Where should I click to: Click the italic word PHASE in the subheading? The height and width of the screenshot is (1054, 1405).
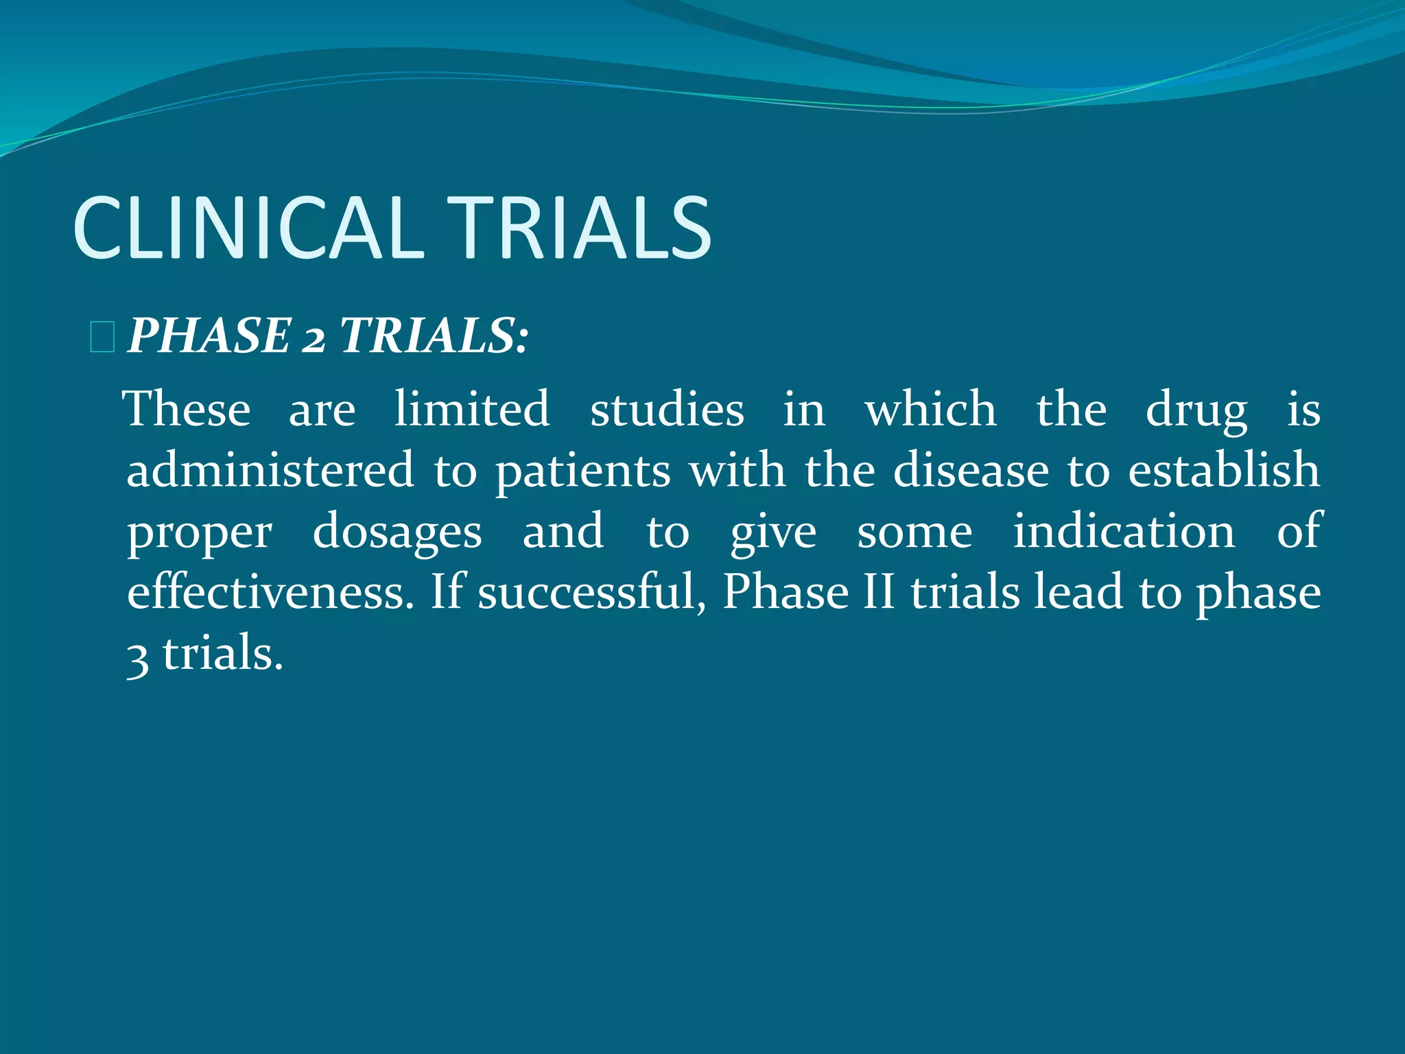coord(209,336)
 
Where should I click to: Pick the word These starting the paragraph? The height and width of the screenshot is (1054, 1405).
coord(187,409)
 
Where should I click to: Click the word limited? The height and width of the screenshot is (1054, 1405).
coord(472,409)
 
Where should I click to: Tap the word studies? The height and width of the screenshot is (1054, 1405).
coord(667,409)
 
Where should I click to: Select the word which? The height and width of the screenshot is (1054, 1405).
coord(930,409)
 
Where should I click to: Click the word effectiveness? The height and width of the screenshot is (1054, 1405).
coord(271,592)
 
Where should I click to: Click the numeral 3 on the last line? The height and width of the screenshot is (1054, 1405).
coord(138,656)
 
